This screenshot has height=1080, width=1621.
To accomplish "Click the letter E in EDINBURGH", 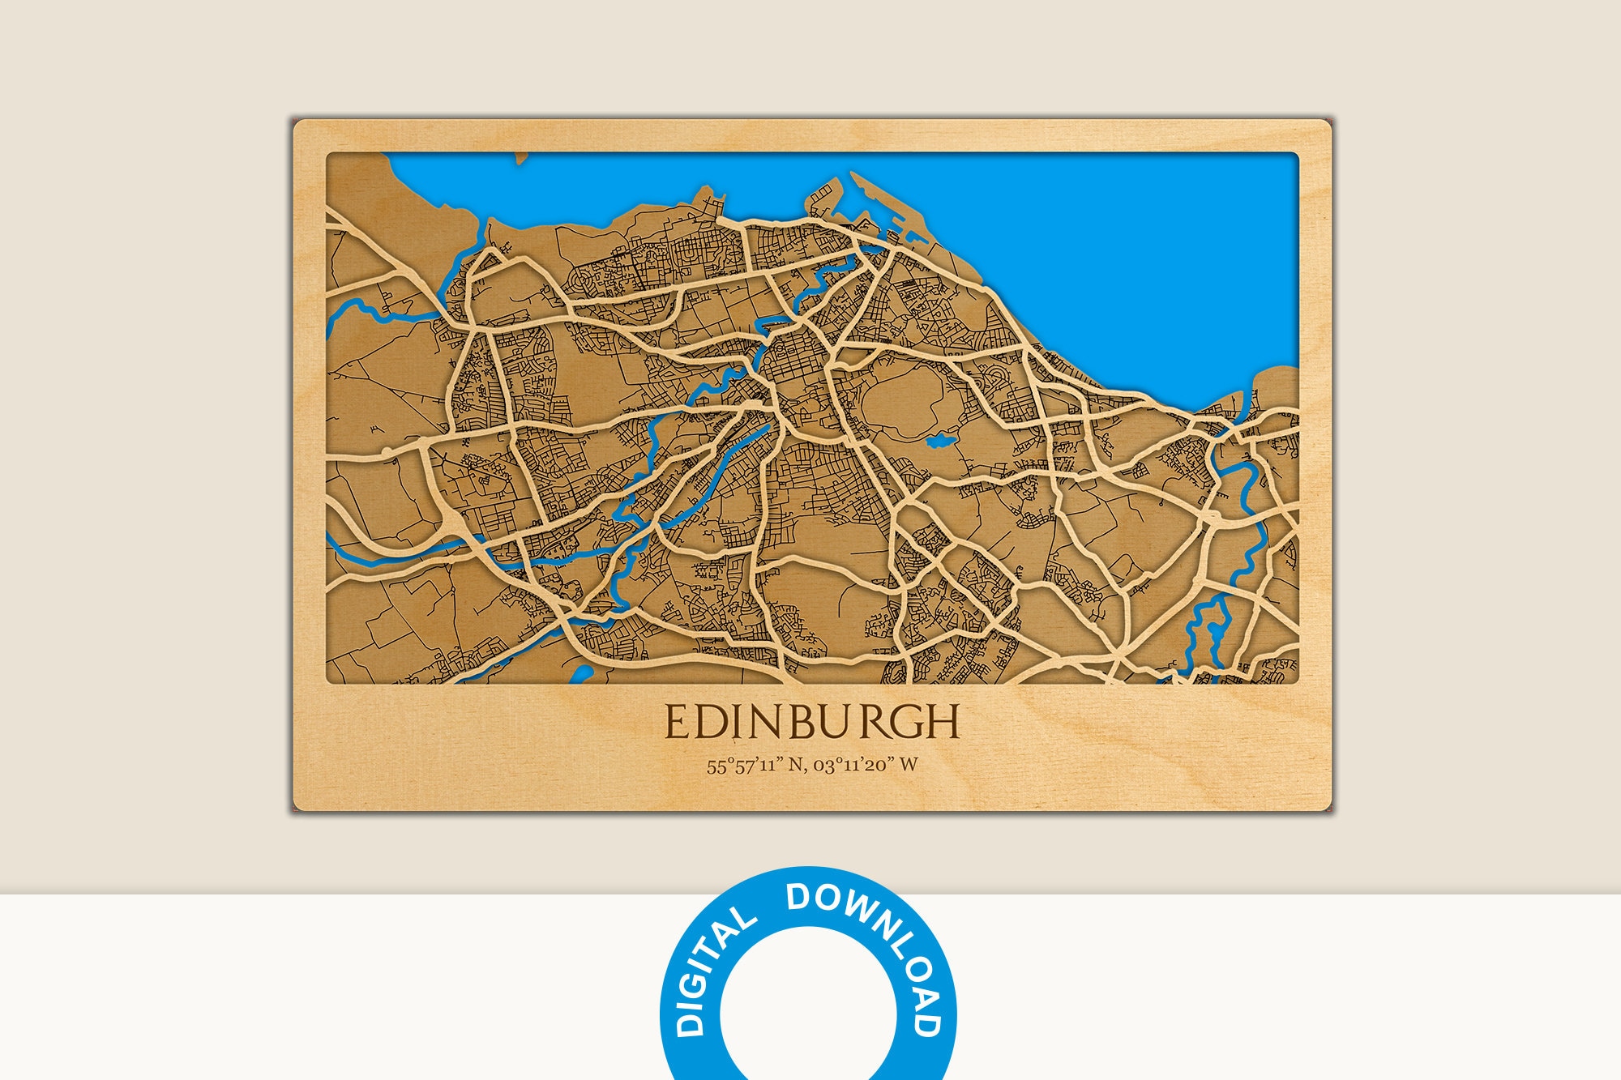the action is point(678,722).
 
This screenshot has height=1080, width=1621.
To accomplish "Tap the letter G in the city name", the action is point(910,722).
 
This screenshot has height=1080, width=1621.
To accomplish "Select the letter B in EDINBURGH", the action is point(798,722).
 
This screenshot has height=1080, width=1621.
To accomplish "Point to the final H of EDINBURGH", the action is point(943,722).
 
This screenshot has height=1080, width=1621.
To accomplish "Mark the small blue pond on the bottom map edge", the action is point(581,675).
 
